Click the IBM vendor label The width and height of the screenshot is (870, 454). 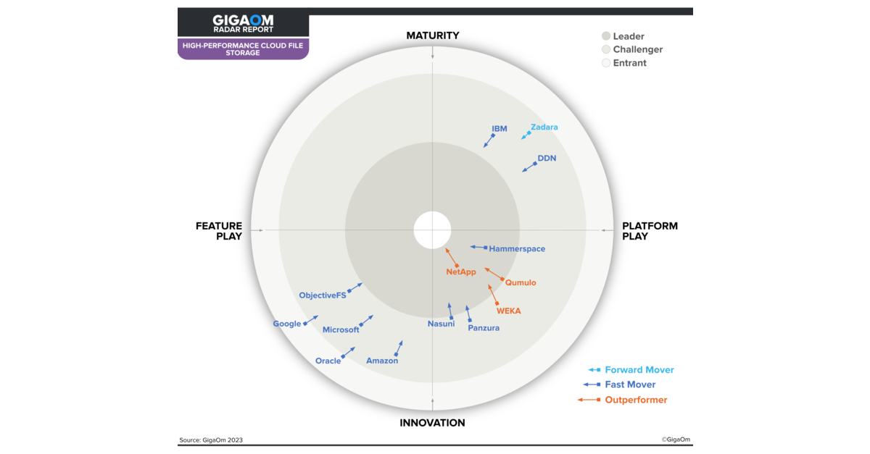(500, 129)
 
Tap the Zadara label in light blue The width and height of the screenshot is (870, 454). (544, 127)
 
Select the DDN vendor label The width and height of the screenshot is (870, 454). (547, 158)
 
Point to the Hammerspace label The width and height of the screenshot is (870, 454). (517, 249)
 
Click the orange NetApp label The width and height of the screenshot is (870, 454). (461, 272)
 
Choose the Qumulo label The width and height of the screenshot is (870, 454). (521, 283)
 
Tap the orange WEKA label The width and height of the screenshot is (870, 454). (508, 311)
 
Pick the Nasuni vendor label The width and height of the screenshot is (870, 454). (441, 324)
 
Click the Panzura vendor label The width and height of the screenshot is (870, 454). (484, 328)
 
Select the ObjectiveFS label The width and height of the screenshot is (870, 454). (323, 295)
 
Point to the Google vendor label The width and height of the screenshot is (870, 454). (287, 324)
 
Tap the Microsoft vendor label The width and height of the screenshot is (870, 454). (341, 329)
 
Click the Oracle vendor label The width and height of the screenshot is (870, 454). (328, 361)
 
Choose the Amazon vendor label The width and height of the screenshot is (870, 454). (382, 361)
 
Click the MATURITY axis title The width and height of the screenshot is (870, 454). (433, 35)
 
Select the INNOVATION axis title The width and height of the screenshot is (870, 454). (433, 423)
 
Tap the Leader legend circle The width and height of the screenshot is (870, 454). (606, 36)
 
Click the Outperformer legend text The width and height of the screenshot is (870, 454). (636, 400)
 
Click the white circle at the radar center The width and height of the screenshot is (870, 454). (432, 230)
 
